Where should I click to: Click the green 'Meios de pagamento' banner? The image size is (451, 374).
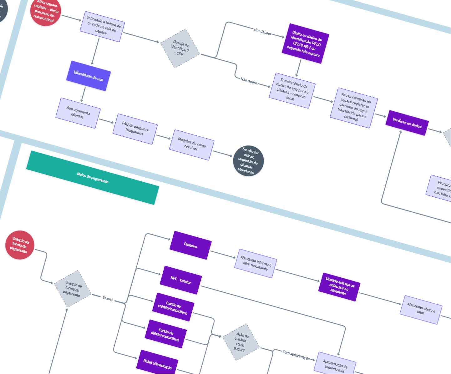pyautogui.click(x=93, y=178)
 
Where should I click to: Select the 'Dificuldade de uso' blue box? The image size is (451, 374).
pyautogui.click(x=89, y=76)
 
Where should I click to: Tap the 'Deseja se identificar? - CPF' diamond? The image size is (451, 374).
pyautogui.click(x=180, y=48)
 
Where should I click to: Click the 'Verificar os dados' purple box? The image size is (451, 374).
pyautogui.click(x=407, y=123)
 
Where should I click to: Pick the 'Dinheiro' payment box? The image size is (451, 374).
pyautogui.click(x=190, y=245)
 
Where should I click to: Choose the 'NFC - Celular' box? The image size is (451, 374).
pyautogui.click(x=180, y=280)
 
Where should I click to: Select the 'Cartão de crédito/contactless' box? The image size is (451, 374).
pyautogui.click(x=173, y=307)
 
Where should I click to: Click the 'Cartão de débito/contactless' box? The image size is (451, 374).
pyautogui.click(x=165, y=334)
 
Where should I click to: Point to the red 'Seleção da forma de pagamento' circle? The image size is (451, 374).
pyautogui.click(x=20, y=245)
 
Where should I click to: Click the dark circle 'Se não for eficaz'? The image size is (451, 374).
pyautogui.click(x=248, y=161)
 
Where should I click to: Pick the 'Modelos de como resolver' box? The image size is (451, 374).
pyautogui.click(x=192, y=145)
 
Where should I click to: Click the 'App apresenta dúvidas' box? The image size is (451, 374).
pyautogui.click(x=78, y=113)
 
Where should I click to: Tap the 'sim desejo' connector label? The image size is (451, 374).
pyautogui.click(x=262, y=32)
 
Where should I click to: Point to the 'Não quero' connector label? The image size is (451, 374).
pyautogui.click(x=249, y=81)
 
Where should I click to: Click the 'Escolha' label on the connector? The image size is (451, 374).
pyautogui.click(x=107, y=299)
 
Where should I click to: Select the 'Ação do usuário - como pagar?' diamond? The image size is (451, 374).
pyautogui.click(x=241, y=342)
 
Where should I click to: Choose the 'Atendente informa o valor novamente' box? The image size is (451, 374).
pyautogui.click(x=256, y=263)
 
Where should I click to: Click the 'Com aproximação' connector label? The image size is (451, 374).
pyautogui.click(x=296, y=355)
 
